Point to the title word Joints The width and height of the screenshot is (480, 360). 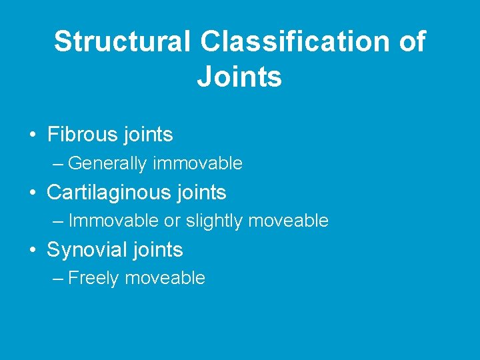[x=239, y=77]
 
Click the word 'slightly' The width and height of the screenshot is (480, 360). [x=215, y=221]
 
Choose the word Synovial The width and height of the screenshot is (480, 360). [x=87, y=250]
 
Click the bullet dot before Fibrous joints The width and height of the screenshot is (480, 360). [x=33, y=135]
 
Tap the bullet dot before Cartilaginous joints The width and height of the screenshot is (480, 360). [x=33, y=193]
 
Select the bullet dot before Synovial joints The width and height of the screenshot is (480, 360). [x=33, y=251]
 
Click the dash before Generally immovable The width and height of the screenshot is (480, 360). [x=57, y=163]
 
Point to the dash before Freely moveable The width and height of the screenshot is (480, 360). [x=57, y=279]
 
